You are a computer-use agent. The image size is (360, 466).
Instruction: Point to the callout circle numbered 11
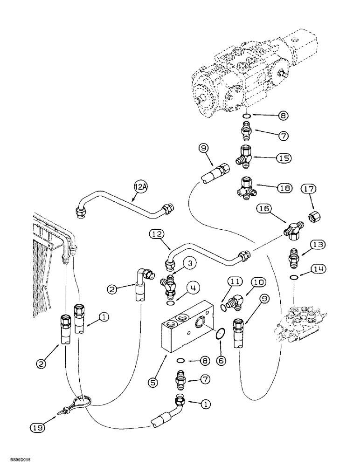234,281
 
